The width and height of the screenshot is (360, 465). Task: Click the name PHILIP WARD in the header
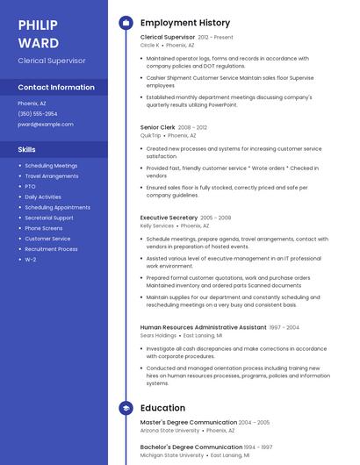38,33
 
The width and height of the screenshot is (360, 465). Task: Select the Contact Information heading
56,87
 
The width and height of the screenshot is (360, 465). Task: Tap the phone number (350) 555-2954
38,113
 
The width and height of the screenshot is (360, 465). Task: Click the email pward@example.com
46,124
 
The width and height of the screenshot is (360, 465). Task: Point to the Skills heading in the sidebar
26,149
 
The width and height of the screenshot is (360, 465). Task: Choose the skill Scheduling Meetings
51,165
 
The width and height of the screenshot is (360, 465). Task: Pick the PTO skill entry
30,186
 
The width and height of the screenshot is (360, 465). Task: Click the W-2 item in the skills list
30,260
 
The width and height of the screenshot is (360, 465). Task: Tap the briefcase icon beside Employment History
126,23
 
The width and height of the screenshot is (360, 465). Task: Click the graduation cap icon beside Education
126,408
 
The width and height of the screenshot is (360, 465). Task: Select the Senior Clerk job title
157,127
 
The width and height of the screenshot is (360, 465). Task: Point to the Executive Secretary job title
169,217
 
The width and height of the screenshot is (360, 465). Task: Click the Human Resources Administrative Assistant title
203,327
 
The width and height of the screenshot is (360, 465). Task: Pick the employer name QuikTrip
150,136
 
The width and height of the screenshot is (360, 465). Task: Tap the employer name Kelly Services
157,225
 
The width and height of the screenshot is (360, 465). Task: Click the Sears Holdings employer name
158,335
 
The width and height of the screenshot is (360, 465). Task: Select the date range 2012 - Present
216,38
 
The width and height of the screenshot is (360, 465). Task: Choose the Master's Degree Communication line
189,422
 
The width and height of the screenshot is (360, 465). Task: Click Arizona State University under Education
169,431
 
